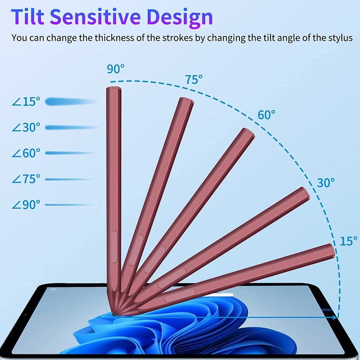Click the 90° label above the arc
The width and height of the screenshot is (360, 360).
pos(115,69)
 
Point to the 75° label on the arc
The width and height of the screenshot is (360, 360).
pos(193,79)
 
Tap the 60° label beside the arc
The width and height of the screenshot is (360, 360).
pos(266,115)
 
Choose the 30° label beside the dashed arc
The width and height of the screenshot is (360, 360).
pos(325,183)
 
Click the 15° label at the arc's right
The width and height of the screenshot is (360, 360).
pos(348,241)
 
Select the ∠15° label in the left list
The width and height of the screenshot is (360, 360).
pos(26,102)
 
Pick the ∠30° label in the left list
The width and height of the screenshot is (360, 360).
pos(26,127)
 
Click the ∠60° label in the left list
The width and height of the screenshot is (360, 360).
pos(26,153)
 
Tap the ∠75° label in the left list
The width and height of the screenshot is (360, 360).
pos(26,179)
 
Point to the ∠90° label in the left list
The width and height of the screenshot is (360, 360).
pos(26,205)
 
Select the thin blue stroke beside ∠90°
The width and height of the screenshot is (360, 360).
pos(69,205)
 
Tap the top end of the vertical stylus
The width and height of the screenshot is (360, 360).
pos(114,89)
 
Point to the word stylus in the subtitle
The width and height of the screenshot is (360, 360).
pos(340,38)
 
